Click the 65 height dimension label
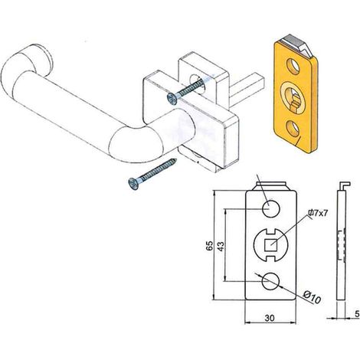click(209, 246)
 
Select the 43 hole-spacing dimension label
click(221, 246)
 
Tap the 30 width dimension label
click(270, 318)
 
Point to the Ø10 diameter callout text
click(312, 297)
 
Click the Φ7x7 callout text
click(317, 213)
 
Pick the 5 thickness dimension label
click(357, 313)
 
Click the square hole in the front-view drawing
click(271, 245)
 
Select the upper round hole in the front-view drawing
click(271, 208)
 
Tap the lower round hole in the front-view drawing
click(270, 281)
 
